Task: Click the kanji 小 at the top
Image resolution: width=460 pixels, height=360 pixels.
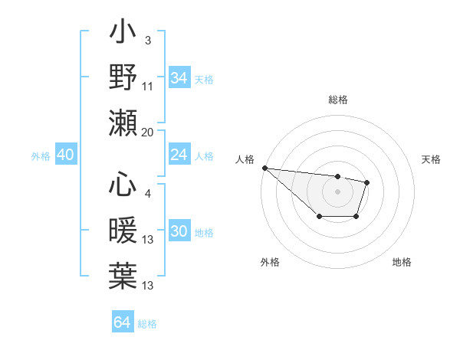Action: click(x=123, y=34)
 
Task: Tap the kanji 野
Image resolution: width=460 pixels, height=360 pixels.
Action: click(x=123, y=77)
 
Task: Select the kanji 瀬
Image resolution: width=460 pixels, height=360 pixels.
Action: click(x=123, y=122)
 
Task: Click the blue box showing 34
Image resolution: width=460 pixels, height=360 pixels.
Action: click(x=179, y=77)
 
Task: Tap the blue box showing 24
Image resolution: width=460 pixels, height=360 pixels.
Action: click(x=179, y=155)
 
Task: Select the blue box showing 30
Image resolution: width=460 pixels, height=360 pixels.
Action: click(x=179, y=232)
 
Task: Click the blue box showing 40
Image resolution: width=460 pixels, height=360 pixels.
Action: click(x=65, y=155)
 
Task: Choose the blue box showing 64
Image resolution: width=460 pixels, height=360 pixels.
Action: click(x=122, y=322)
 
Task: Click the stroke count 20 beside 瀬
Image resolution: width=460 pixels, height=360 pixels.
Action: click(x=148, y=133)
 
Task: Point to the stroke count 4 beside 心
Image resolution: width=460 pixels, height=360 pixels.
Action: click(x=147, y=194)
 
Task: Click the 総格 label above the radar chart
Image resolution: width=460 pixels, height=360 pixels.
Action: click(x=337, y=100)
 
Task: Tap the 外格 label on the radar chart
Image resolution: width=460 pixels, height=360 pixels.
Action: click(x=270, y=262)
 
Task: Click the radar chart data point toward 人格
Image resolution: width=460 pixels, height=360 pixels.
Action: click(x=264, y=168)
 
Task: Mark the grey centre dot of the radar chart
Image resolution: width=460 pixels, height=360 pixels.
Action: click(x=337, y=191)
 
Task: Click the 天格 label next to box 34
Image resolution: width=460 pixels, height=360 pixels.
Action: click(x=203, y=79)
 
